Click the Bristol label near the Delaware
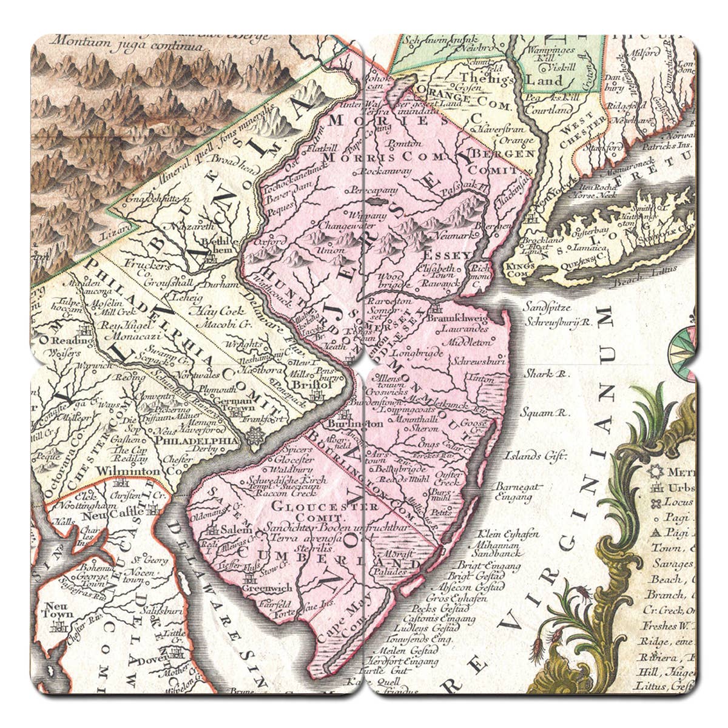click(311, 385)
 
